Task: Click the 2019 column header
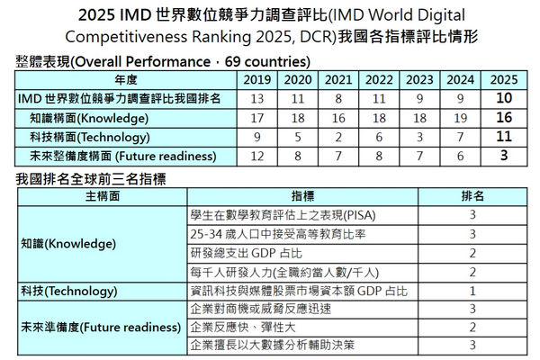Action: tap(258, 79)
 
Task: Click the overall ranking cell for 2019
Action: tap(258, 98)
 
